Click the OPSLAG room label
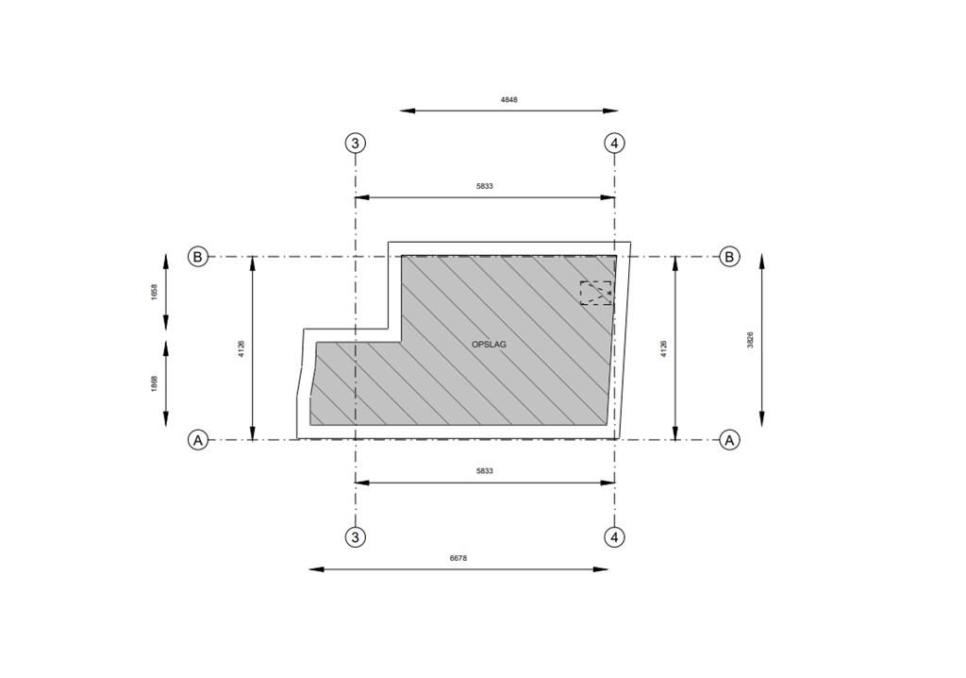click(x=489, y=345)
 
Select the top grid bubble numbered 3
click(x=355, y=144)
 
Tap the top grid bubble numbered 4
click(x=614, y=144)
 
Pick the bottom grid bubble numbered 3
click(x=355, y=536)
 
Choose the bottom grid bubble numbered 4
click(x=614, y=536)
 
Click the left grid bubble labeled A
click(x=198, y=440)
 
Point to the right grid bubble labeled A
click(x=729, y=440)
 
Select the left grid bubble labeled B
click(x=198, y=256)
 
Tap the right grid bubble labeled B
click(x=729, y=256)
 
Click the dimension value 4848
click(x=508, y=99)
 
